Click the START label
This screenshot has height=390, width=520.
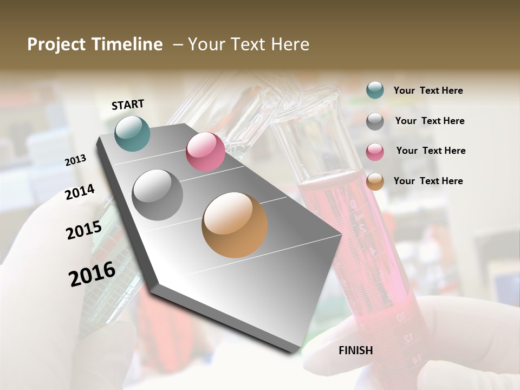(x=128, y=105)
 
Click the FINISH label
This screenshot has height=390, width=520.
(x=356, y=350)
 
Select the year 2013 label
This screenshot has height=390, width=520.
(x=76, y=160)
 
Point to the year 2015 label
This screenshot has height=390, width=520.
(x=84, y=230)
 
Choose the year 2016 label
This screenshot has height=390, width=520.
(x=92, y=274)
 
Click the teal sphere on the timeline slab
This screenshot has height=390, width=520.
(x=133, y=133)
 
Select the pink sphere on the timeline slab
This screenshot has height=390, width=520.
(x=205, y=152)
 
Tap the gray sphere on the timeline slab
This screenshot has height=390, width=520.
(x=158, y=195)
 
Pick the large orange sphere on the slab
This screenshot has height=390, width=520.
(x=235, y=225)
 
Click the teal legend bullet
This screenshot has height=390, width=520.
(x=375, y=90)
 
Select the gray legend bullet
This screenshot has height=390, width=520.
(x=375, y=121)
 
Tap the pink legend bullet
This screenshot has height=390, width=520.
(x=375, y=151)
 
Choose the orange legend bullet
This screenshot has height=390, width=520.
(x=375, y=181)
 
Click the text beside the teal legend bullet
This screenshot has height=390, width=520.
(x=428, y=90)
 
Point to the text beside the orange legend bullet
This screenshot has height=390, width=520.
(x=428, y=181)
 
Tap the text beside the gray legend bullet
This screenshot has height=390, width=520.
(x=430, y=121)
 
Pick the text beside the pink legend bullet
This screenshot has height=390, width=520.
(x=431, y=151)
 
